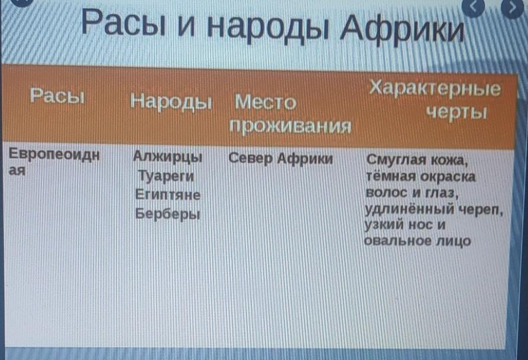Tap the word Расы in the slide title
click(124, 22)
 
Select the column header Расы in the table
click(57, 96)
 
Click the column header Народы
click(171, 102)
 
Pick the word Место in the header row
click(265, 102)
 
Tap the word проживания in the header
click(290, 126)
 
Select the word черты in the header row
click(456, 112)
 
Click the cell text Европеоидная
click(54, 161)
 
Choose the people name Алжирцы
click(168, 157)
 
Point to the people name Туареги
click(166, 176)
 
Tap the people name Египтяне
click(168, 194)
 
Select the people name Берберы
click(168, 214)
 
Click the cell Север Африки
click(280, 158)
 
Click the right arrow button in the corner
click(513, 8)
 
